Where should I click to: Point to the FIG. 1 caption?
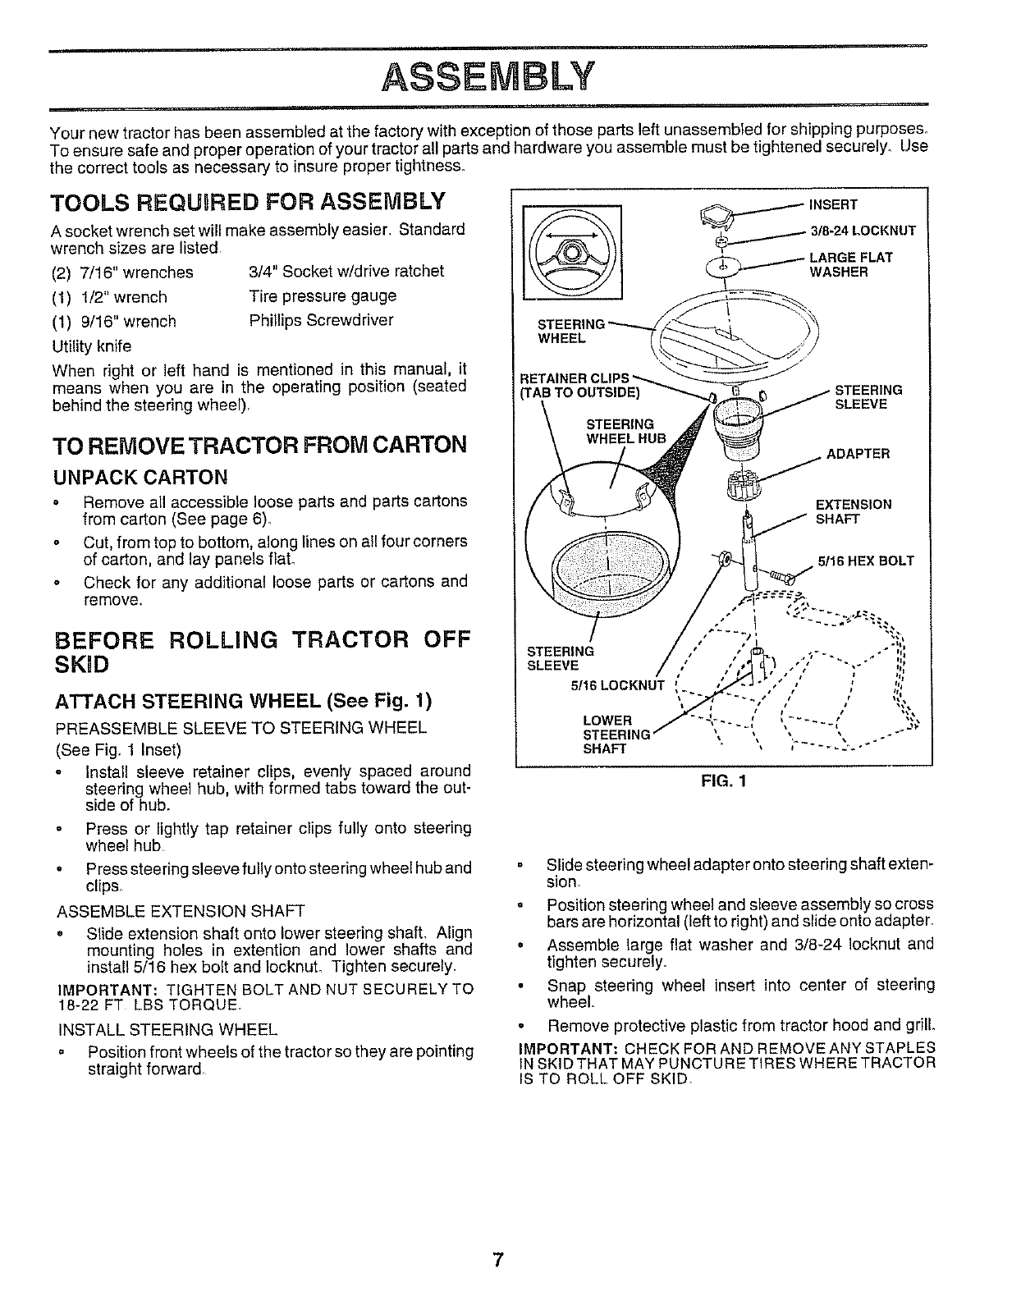pos(723,781)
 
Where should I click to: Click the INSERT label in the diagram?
pos(833,204)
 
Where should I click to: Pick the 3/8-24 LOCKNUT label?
pos(862,231)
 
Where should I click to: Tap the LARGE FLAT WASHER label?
pos(850,264)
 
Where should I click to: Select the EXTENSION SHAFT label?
pos(853,511)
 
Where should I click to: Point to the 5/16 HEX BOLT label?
pos(866,561)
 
